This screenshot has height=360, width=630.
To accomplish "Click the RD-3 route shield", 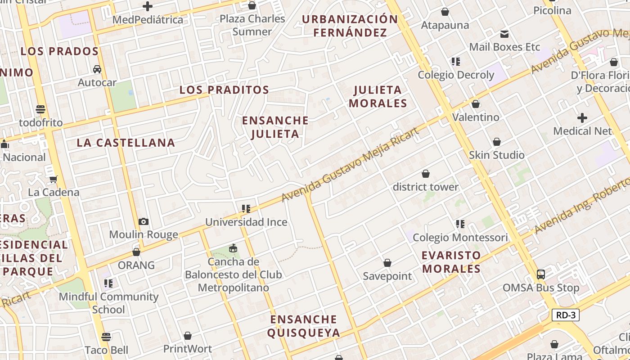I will (x=566, y=315).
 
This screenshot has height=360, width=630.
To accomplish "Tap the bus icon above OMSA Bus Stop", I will (x=541, y=274).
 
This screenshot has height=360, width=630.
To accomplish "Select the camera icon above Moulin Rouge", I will (x=144, y=221).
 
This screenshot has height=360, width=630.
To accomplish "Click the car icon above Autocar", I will (x=97, y=69).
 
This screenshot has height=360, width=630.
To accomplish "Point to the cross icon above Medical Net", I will (x=582, y=118).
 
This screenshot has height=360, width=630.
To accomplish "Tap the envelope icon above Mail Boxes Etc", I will (x=504, y=34).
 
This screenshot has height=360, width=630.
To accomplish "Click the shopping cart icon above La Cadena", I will (x=54, y=180).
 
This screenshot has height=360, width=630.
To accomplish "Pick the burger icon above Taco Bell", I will (x=106, y=337).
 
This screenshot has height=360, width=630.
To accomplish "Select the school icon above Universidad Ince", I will (x=246, y=209).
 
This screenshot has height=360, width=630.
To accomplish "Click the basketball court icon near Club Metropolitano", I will (x=233, y=248).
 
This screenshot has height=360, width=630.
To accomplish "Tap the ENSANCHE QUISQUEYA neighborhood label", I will (x=303, y=326).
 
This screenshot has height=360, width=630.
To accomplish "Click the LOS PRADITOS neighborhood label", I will (x=224, y=90).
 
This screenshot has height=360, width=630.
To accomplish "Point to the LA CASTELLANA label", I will (x=126, y=143).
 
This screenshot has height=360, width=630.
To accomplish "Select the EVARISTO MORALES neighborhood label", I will (x=451, y=262).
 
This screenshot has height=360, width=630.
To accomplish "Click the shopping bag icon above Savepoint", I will (x=387, y=263).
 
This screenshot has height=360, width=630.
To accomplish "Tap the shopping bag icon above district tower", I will (x=425, y=174).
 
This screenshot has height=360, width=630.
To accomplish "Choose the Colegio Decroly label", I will (x=456, y=75).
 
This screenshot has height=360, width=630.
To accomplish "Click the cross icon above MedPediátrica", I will (x=148, y=6).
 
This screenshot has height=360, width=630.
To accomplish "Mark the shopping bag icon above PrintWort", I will (x=188, y=336).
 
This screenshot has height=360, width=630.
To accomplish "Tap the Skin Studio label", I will (x=497, y=155).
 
